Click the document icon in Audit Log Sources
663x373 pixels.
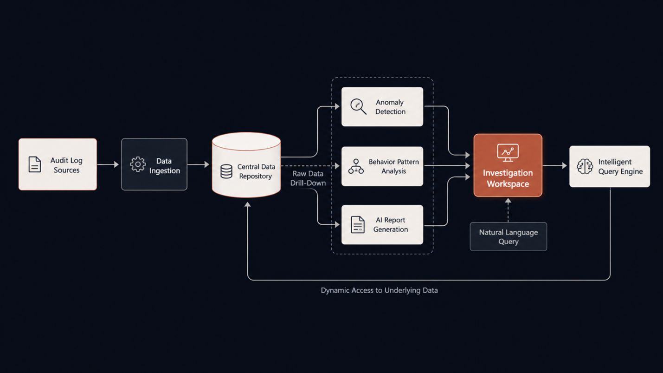coord(35,164)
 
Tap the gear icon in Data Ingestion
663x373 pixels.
coord(138,164)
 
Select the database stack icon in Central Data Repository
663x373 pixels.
coord(226,171)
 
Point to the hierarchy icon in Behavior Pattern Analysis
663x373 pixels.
coord(356,166)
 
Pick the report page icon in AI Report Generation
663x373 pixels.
coord(358,224)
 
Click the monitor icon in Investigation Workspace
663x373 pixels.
coord(508,153)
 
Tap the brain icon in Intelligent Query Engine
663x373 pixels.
coord(585,166)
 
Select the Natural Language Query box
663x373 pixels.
coord(508,237)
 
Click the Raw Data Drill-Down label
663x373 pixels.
coord(308,178)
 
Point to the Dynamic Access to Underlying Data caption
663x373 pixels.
coord(379,290)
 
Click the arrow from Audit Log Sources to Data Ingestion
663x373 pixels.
coord(108,164)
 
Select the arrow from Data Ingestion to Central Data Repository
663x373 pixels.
coord(198,164)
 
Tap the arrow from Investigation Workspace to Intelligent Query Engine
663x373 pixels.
coord(555,166)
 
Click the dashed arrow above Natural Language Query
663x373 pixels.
coord(508,210)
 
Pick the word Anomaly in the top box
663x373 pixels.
coord(390,103)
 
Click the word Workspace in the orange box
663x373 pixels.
coord(508,184)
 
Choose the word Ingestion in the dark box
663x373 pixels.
coord(165,171)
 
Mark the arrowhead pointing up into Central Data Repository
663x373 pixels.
coord(247,204)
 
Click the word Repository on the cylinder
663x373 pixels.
coord(256,176)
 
